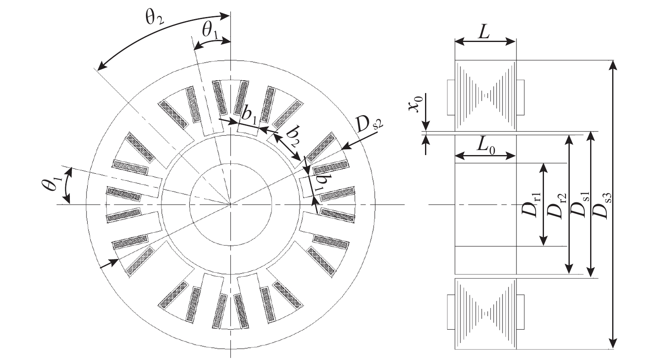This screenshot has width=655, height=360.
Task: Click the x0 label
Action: [x=415, y=103]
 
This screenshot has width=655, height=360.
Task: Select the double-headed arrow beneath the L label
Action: [x=485, y=42]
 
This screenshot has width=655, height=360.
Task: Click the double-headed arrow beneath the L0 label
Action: [x=485, y=156]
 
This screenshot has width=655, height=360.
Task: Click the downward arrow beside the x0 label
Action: [x=426, y=112]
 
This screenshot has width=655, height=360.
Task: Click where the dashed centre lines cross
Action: [x=230, y=204]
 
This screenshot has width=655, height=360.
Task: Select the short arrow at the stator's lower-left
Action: [x=109, y=263]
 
